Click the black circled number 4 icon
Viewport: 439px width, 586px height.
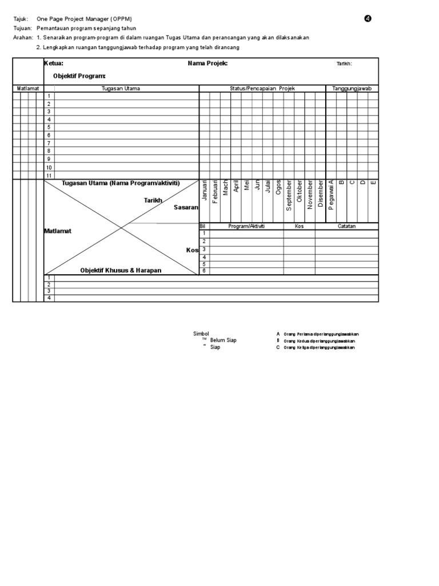pyautogui.click(x=368, y=19)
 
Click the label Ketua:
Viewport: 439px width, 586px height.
pyautogui.click(x=54, y=64)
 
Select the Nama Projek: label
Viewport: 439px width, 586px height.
pyautogui.click(x=207, y=64)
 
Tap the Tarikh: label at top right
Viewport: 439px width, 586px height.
pyautogui.click(x=344, y=64)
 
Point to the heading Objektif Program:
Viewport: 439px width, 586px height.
pyautogui.click(x=79, y=76)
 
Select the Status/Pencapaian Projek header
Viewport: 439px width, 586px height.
pyautogui.click(x=262, y=89)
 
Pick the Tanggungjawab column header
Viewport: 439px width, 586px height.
pyautogui.click(x=352, y=89)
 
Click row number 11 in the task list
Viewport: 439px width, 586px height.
pyautogui.click(x=49, y=176)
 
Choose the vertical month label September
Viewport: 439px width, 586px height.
pyautogui.click(x=289, y=196)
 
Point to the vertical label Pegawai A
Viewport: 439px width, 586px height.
pyautogui.click(x=331, y=195)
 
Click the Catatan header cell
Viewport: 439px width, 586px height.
pyautogui.click(x=346, y=227)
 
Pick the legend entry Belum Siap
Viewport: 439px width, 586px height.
pyautogui.click(x=223, y=340)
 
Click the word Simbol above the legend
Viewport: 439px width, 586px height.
pyautogui.click(x=201, y=334)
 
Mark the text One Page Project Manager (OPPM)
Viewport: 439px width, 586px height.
pyautogui.click(x=84, y=19)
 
